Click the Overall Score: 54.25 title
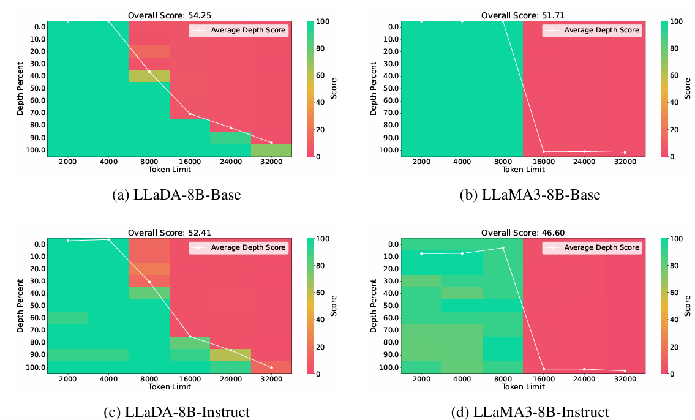(169, 15)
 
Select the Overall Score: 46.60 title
(522, 233)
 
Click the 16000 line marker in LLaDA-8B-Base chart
(190, 114)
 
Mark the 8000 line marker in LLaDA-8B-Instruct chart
(149, 282)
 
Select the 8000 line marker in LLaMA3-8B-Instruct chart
(503, 248)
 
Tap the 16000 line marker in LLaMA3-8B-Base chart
(543, 151)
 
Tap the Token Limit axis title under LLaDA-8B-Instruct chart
(169, 387)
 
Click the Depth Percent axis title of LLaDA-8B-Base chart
(21, 89)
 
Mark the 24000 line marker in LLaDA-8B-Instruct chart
(231, 350)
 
